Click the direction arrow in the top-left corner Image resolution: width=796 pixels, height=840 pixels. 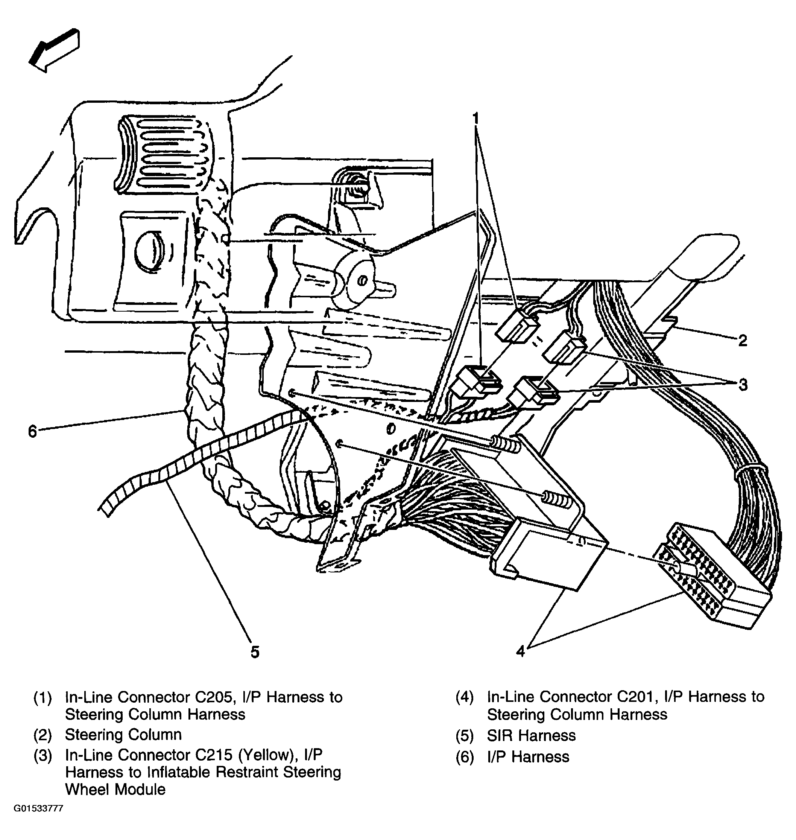point(54,50)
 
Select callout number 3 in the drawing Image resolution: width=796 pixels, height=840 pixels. point(743,385)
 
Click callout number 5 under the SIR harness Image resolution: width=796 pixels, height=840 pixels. point(255,651)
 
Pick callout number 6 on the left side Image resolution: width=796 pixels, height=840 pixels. point(32,431)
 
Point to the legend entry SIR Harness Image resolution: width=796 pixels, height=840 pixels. point(531,735)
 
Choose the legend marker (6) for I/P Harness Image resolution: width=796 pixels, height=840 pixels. point(465,757)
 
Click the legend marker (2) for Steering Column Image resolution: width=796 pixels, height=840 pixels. point(43,735)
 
